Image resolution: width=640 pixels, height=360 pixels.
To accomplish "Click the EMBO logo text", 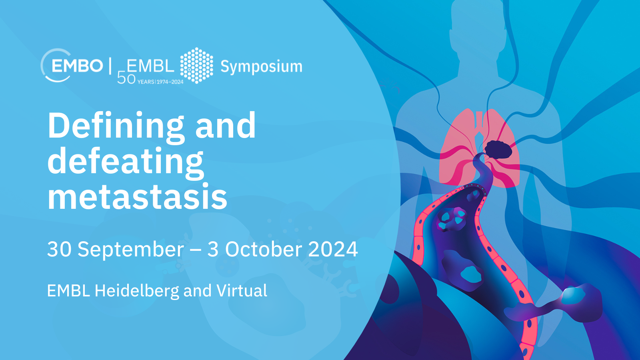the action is pyautogui.click(x=77, y=66).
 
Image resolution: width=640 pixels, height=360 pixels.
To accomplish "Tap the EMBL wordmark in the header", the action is pyautogui.click(x=150, y=66).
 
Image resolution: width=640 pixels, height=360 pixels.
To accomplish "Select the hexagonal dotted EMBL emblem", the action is pyautogui.click(x=196, y=66).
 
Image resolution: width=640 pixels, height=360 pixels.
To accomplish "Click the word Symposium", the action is pyautogui.click(x=261, y=67).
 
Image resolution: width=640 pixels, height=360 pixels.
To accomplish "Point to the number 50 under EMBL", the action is pyautogui.click(x=126, y=78).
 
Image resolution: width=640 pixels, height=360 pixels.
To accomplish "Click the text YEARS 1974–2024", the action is pyautogui.click(x=160, y=82).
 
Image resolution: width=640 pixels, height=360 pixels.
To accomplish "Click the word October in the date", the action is pyautogui.click(x=264, y=249).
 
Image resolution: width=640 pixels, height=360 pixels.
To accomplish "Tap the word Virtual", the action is pyautogui.click(x=242, y=290).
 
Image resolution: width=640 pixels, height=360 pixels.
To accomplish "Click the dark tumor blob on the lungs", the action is pyautogui.click(x=498, y=150).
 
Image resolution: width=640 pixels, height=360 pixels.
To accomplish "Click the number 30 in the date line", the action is pyautogui.click(x=59, y=249).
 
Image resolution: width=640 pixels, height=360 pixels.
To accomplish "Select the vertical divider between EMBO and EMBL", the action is pyautogui.click(x=110, y=66).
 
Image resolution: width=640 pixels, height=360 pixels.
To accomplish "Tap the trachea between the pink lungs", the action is pyautogui.click(x=479, y=126).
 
